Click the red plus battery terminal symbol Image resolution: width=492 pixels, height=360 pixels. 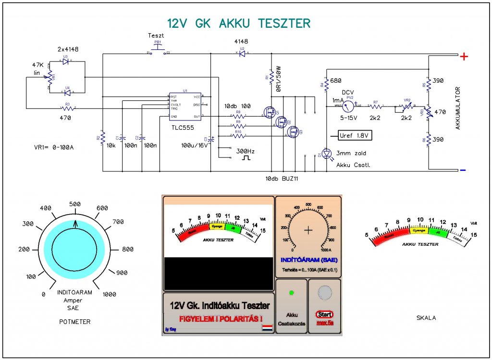pyautogui.click(x=464, y=57)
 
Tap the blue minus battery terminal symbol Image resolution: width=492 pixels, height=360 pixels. pyautogui.click(x=463, y=170)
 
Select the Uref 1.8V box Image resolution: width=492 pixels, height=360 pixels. pyautogui.click(x=355, y=136)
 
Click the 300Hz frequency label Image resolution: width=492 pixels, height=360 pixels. pyautogui.click(x=245, y=151)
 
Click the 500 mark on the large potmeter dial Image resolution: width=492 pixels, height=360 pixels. pyautogui.click(x=75, y=204)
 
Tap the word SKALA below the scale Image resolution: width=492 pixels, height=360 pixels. pyautogui.click(x=426, y=318)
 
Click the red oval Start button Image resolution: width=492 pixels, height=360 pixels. pyautogui.click(x=325, y=314)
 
